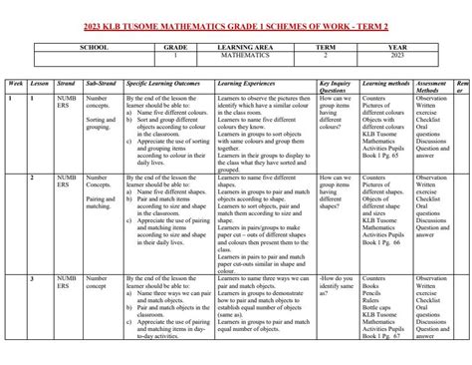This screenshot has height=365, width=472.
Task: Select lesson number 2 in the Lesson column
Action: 33,177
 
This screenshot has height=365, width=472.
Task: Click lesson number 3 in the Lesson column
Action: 33,276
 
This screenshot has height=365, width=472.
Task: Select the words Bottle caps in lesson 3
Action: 378,307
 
